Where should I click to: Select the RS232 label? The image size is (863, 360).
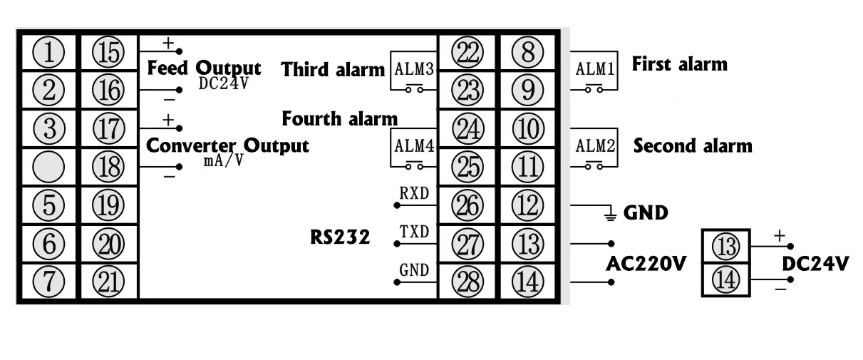[x=340, y=237]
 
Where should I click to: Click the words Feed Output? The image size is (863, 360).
[x=203, y=69]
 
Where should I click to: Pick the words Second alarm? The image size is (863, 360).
[x=692, y=147]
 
